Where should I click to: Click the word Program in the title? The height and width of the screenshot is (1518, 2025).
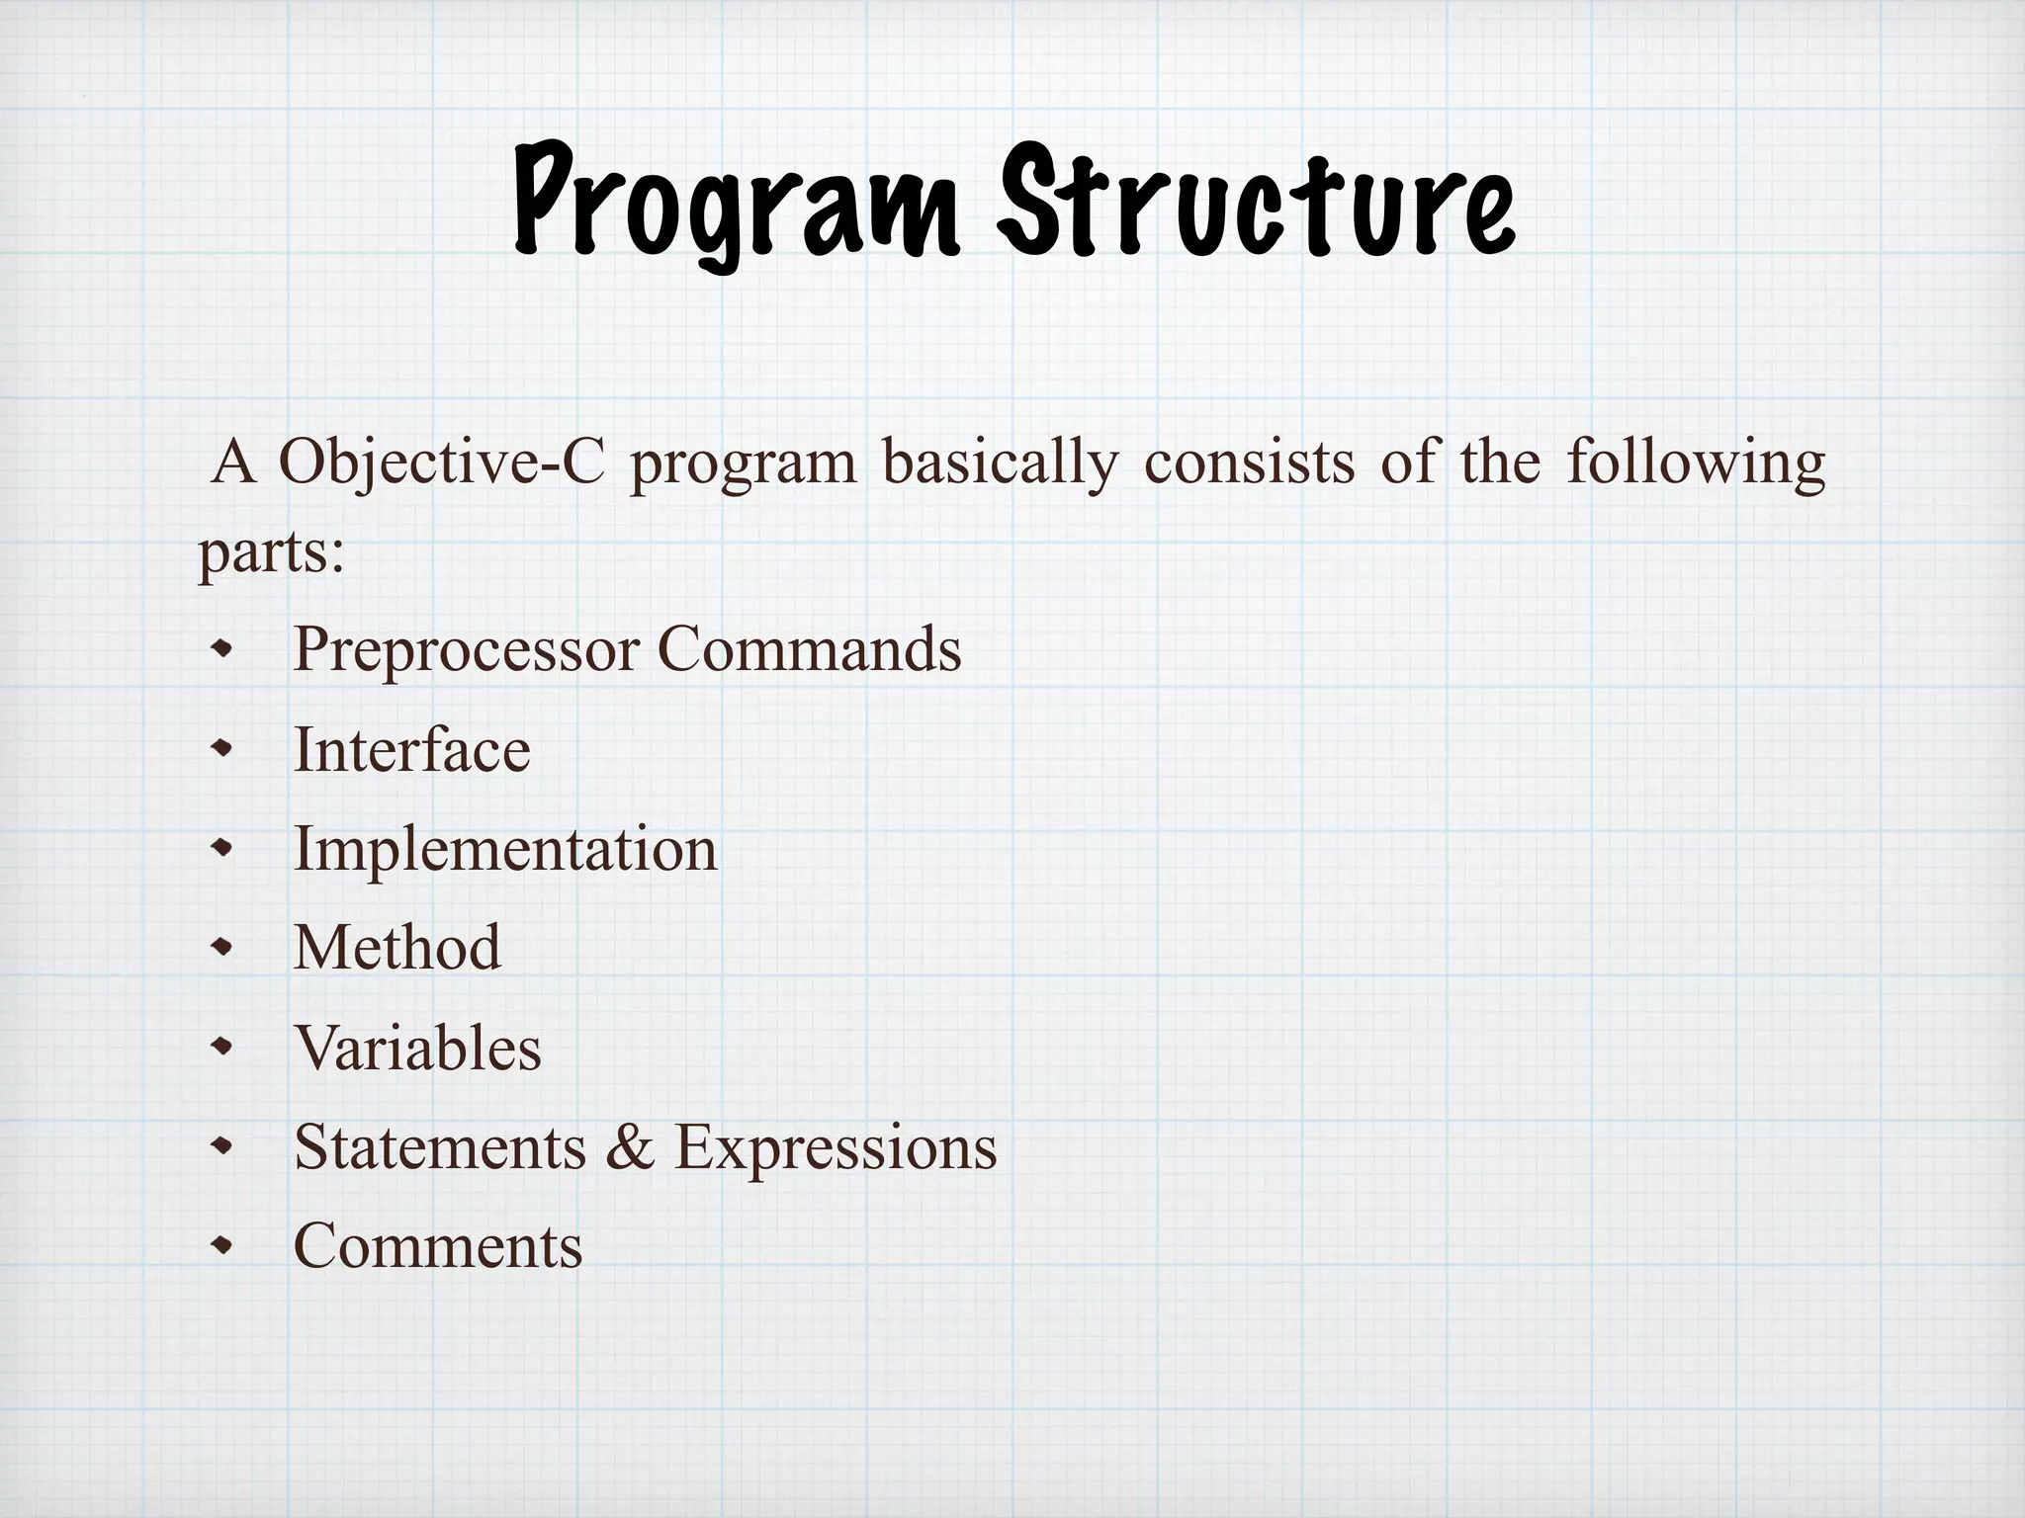(x=737, y=203)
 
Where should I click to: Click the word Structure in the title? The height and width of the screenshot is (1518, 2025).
(x=1256, y=203)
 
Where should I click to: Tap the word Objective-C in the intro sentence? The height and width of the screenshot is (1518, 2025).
(x=441, y=463)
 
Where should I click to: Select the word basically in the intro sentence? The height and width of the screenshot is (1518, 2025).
(x=1000, y=463)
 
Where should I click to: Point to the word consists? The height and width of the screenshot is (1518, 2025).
(x=1249, y=463)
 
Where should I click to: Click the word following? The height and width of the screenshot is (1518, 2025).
(x=1696, y=463)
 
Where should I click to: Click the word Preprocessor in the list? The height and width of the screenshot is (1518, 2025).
(x=466, y=649)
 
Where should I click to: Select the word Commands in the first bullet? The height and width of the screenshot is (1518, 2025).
(x=809, y=649)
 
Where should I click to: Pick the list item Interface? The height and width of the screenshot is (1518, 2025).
(x=412, y=749)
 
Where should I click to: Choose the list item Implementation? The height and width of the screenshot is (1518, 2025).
(x=505, y=848)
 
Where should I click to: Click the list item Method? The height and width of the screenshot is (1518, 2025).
(x=397, y=947)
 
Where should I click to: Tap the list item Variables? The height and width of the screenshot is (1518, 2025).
(x=417, y=1047)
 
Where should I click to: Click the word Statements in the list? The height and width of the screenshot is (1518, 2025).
(x=440, y=1146)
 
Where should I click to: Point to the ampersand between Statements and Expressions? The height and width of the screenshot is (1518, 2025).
(x=631, y=1146)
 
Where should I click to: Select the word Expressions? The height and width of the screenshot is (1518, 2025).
(x=836, y=1146)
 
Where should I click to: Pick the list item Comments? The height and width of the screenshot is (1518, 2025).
(x=438, y=1245)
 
